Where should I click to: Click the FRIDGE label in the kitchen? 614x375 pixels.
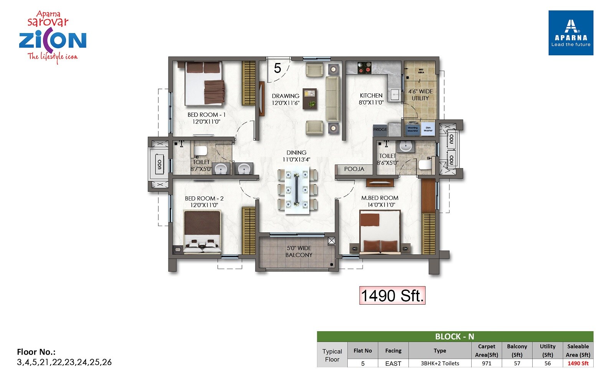380,129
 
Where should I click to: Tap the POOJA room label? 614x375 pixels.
354,169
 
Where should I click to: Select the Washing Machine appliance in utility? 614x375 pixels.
413,129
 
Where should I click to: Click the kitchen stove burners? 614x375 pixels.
365,68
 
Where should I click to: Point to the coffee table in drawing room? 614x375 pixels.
310,99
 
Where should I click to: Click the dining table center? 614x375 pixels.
297,190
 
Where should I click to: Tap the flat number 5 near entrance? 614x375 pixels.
277,68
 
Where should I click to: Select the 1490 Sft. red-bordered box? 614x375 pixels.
392,295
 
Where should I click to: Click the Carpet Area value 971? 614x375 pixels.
486,363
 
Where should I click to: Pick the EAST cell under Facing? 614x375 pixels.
393,363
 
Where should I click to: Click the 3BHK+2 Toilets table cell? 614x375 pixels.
440,363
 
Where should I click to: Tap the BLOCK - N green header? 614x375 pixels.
455,337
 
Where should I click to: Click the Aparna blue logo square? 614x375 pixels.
571,33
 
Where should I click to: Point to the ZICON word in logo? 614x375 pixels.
53,40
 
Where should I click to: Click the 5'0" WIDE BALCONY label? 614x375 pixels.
299,252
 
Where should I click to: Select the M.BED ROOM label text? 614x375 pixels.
380,198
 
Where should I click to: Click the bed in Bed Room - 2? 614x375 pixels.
202,232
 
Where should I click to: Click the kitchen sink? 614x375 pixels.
394,94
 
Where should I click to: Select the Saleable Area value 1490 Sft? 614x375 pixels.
578,363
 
